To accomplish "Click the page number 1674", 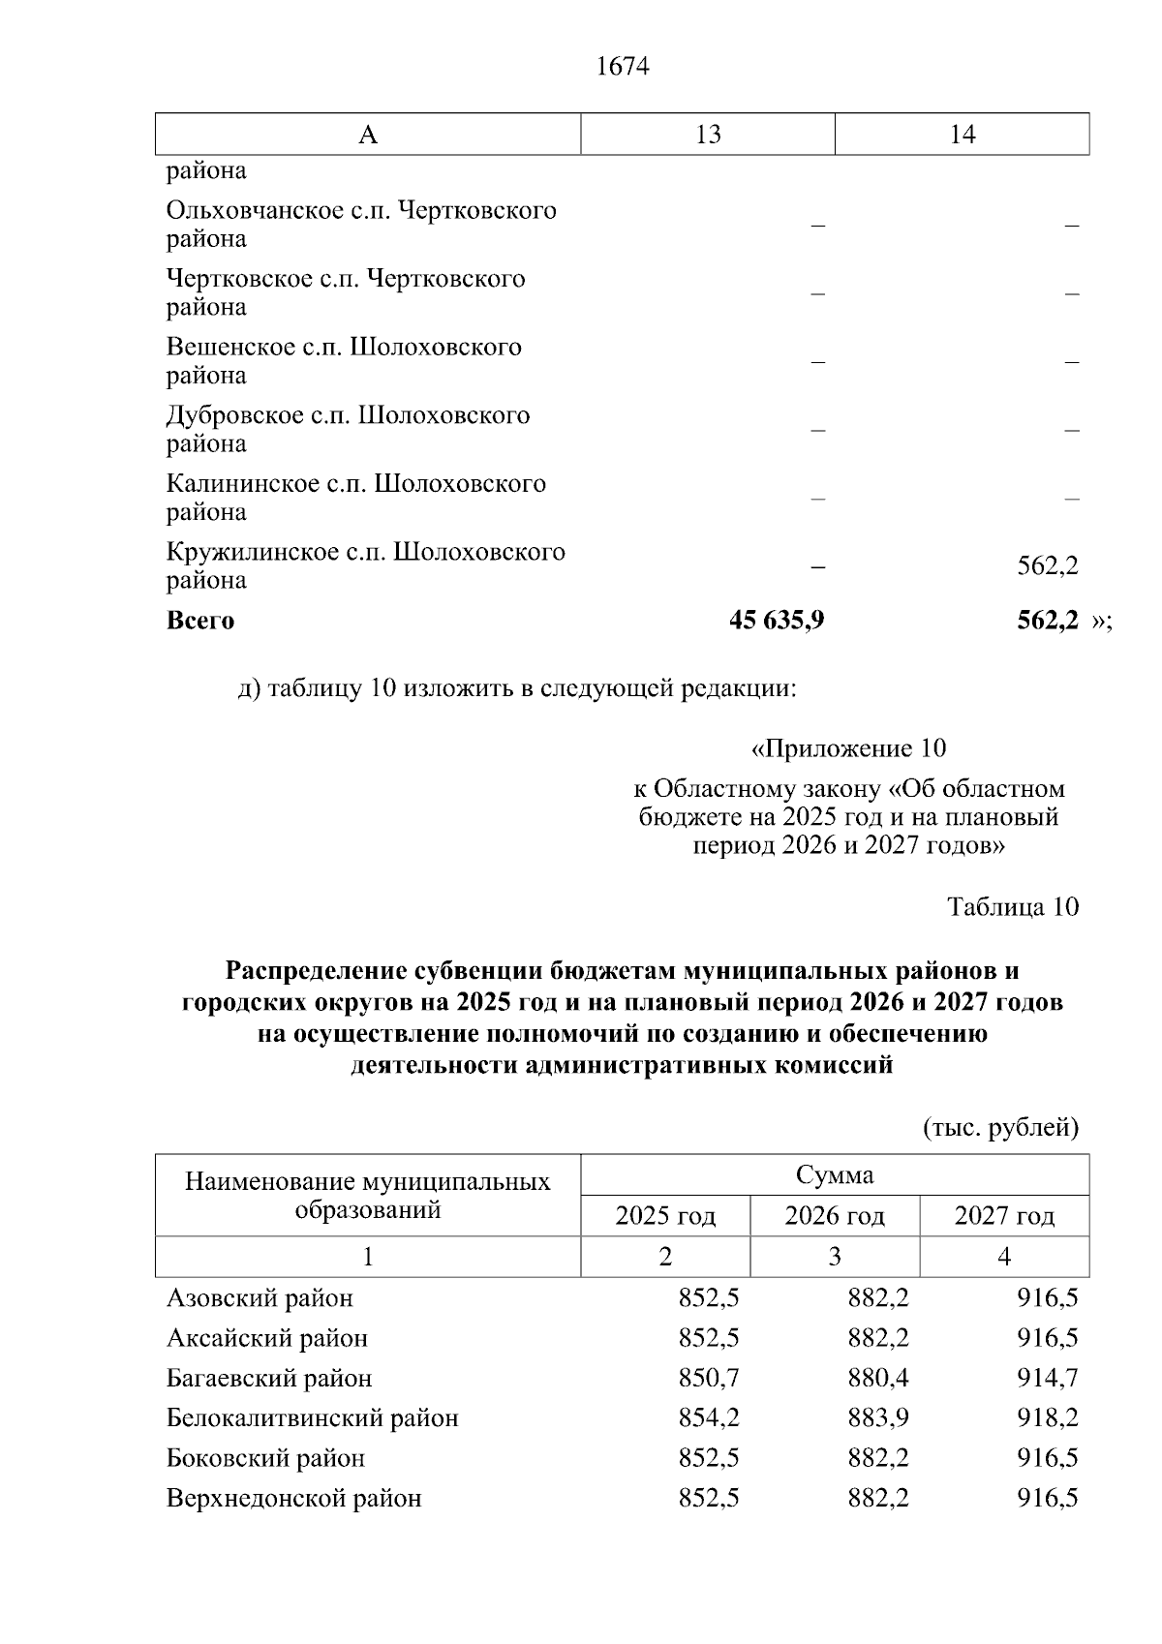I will click(x=623, y=67).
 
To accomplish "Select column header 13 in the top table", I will click(x=708, y=135).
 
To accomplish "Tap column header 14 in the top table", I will click(x=962, y=135).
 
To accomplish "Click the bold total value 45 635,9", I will click(x=777, y=621).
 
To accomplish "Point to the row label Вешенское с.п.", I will click(x=344, y=348).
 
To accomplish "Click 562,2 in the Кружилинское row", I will click(x=1047, y=566).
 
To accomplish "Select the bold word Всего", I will click(x=200, y=621).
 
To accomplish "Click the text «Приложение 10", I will click(x=848, y=748).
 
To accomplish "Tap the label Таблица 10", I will click(x=1012, y=907).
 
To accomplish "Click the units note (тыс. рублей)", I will click(x=1000, y=1128).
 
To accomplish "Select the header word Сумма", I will click(x=835, y=1175).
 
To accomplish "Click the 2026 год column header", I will click(x=835, y=1216).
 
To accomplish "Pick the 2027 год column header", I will click(x=1004, y=1216).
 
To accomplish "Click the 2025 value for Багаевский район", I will click(x=709, y=1378).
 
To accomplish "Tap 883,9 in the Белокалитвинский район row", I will click(x=878, y=1418).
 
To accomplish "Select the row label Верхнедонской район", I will click(x=294, y=1499).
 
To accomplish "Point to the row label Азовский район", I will click(x=260, y=1298).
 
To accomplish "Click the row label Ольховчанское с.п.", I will click(x=361, y=211).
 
